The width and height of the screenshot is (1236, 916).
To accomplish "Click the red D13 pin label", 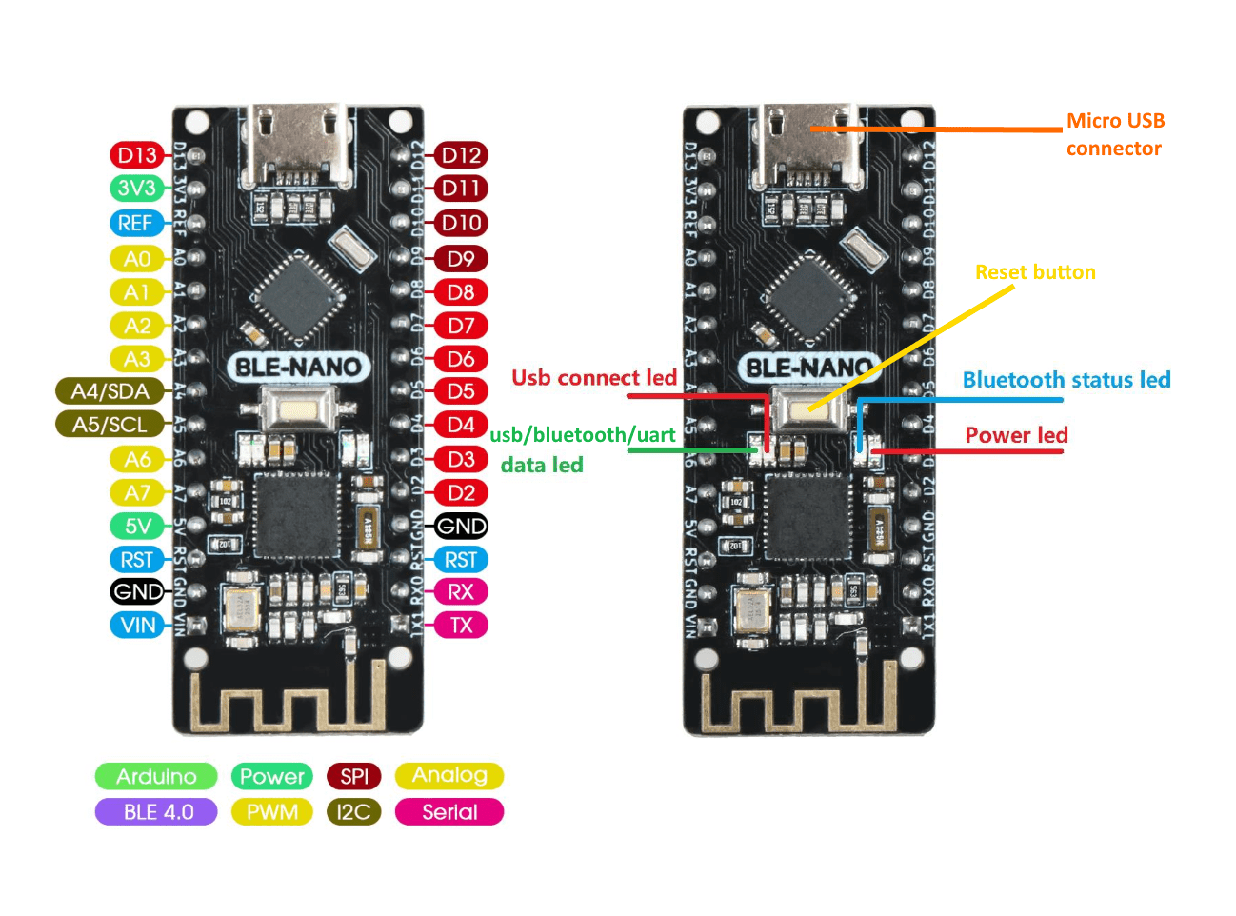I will [137, 155].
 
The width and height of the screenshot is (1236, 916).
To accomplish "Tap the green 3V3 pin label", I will [137, 189].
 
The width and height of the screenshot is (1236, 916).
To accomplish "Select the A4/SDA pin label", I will [110, 391].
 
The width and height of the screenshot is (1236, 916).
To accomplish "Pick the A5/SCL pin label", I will [110, 425].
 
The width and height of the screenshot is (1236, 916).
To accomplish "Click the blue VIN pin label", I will [137, 626].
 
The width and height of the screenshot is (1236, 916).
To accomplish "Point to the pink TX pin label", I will [461, 626].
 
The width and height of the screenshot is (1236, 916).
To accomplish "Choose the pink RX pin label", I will [461, 592].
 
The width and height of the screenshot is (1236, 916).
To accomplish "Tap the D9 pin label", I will [461, 259].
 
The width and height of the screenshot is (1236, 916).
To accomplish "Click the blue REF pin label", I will [135, 224].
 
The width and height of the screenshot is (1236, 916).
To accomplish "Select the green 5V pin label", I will [137, 527].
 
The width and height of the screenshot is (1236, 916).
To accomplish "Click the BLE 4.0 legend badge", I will [157, 812].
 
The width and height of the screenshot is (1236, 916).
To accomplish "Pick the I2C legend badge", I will [353, 812].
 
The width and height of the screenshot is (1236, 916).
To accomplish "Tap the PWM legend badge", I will [272, 812].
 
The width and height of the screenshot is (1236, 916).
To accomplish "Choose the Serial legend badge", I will [449, 812].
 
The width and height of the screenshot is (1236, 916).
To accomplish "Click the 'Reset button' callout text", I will [1035, 272].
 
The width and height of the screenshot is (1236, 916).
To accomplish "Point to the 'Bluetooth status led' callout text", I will [1067, 380].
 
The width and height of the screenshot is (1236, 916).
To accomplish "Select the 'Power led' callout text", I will [1016, 435].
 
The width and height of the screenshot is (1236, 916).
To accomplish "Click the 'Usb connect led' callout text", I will [594, 378].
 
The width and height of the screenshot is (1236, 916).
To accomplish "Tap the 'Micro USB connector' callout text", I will [1115, 134].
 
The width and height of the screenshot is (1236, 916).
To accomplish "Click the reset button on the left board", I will [297, 410].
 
